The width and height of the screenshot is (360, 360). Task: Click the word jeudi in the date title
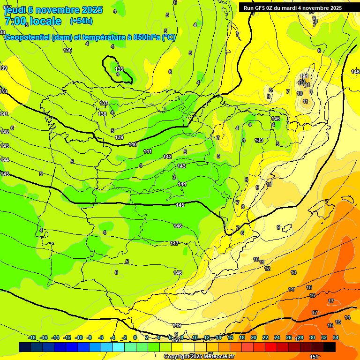(x=15, y=10)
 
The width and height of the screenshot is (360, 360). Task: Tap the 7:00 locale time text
(x=33, y=21)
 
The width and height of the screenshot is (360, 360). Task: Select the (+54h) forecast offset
(x=81, y=21)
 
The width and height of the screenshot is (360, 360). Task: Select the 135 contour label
(x=119, y=69)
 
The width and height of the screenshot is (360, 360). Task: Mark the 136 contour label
(x=67, y=50)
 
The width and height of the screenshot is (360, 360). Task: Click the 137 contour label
(x=104, y=103)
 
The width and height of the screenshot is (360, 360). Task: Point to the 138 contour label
(x=102, y=114)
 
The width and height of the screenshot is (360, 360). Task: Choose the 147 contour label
(x=174, y=243)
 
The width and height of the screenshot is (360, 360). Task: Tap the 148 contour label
(x=178, y=273)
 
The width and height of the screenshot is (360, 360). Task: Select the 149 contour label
(x=177, y=325)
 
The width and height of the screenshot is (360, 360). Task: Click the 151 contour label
(x=314, y=357)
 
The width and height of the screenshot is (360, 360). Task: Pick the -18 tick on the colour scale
(x=32, y=337)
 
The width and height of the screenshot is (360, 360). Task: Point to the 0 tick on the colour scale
(x=135, y=337)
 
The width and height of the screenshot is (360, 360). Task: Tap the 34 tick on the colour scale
(x=336, y=337)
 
